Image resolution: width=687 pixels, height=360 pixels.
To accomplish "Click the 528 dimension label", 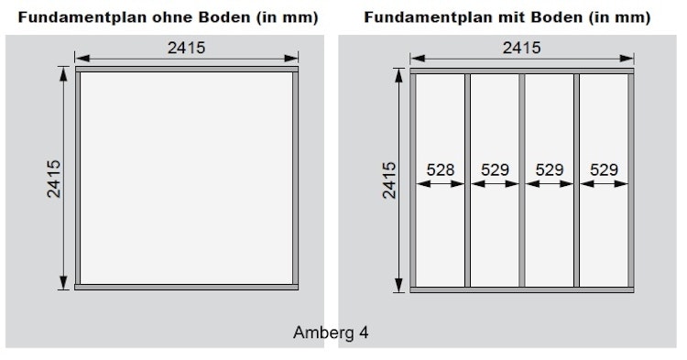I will [441, 169].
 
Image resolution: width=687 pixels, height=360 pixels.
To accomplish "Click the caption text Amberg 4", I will [331, 332].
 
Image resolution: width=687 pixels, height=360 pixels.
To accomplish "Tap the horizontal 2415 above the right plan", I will [521, 48].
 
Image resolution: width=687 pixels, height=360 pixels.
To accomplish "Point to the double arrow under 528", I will [441, 183].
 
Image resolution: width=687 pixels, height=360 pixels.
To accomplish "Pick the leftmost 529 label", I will [495, 169].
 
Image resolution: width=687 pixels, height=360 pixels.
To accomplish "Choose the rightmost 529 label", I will [603, 169].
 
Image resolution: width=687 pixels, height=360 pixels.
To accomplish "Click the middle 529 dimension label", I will [549, 169].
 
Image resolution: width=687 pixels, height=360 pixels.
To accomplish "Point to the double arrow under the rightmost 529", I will [603, 183].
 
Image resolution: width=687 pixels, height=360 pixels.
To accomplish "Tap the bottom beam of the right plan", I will [521, 289].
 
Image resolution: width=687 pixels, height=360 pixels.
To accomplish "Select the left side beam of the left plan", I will [79, 179].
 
